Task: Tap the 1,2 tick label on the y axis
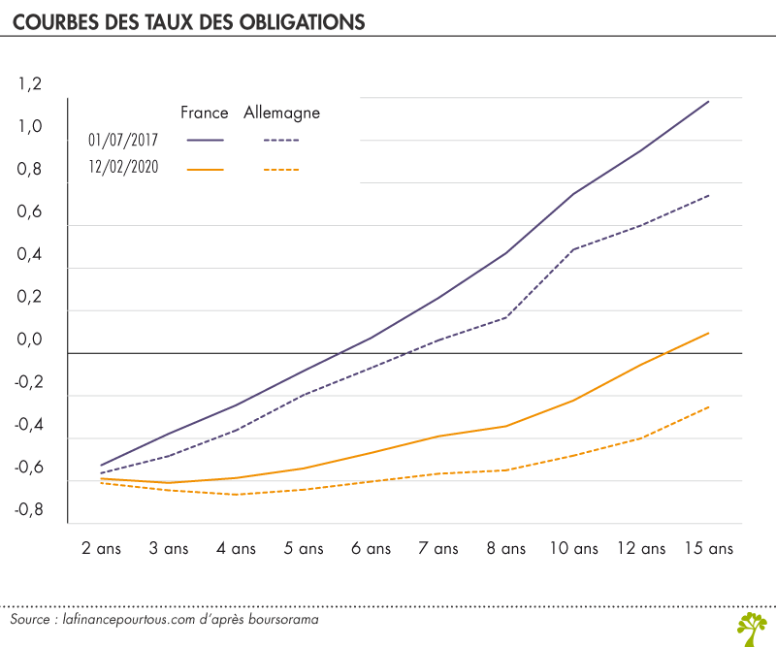(x=30, y=84)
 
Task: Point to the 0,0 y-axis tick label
(x=30, y=340)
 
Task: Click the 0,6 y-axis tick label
(x=30, y=212)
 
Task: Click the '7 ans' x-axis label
(x=437, y=548)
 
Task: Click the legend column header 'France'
(x=204, y=113)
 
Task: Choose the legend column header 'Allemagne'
(x=281, y=113)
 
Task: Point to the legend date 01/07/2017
(x=123, y=140)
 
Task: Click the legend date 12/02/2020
(x=123, y=168)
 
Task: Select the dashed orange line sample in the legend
(x=281, y=169)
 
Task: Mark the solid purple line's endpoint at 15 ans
(x=708, y=101)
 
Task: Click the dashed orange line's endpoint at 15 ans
(x=708, y=407)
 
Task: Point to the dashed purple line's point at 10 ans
(x=573, y=249)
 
